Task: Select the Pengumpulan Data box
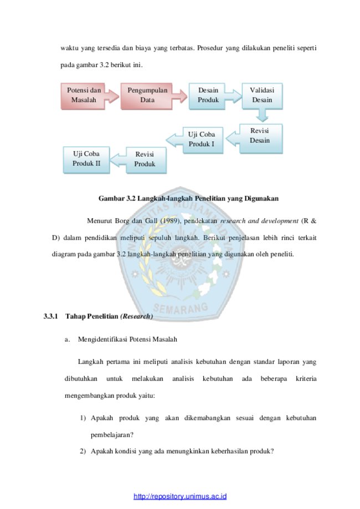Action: (146, 96)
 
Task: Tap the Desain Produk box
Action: (207, 96)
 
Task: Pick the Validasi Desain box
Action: (263, 96)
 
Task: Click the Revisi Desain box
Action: (261, 138)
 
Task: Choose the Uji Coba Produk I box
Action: (203, 140)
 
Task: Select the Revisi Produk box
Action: (146, 160)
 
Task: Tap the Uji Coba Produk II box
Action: (86, 160)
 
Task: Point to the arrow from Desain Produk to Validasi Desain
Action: (233, 96)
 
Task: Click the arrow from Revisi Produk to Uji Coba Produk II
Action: (118, 160)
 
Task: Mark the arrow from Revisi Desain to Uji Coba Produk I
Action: (233, 138)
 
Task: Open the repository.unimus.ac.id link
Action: (180, 496)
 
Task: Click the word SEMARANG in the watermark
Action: (181, 308)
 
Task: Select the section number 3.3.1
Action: (50, 316)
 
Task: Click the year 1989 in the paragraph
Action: (171, 221)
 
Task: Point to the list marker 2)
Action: (83, 451)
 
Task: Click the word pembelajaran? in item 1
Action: (112, 435)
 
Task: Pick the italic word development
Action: (280, 221)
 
